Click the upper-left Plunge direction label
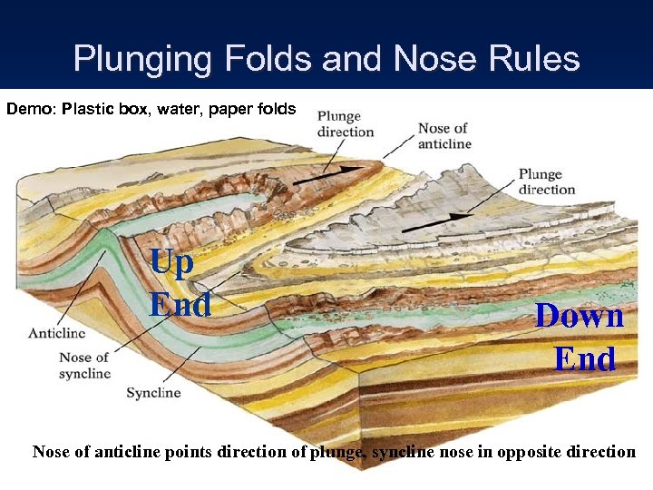339,123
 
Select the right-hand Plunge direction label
547,181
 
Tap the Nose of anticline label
444,135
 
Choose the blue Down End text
580,337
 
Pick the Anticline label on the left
56,333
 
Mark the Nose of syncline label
84,365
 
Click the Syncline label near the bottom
153,393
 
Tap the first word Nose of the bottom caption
52,451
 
